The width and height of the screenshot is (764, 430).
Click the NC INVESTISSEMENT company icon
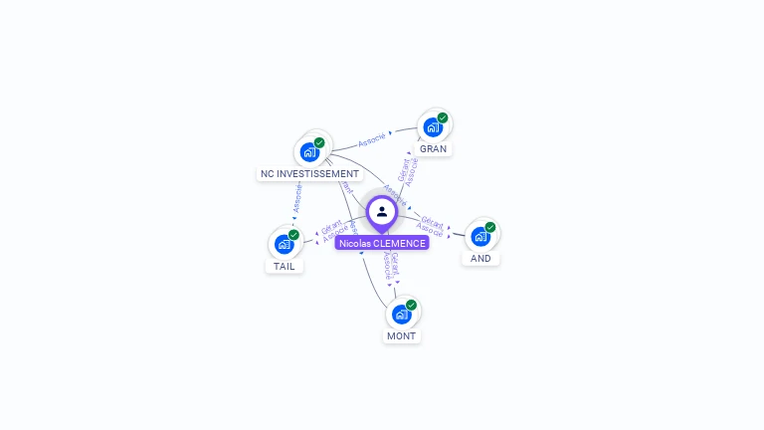coord(309,152)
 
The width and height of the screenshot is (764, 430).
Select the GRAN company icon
coord(433,127)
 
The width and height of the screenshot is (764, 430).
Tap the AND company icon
coord(480,237)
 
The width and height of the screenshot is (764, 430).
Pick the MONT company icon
coord(401,315)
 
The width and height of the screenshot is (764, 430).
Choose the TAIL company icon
coord(285,244)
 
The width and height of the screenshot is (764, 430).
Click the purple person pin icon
coord(382,212)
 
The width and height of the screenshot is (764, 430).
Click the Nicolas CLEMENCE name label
coord(382,243)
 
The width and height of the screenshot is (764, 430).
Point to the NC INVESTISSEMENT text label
coord(309,173)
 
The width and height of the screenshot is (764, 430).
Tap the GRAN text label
coord(433,148)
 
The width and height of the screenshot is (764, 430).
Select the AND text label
coord(480,258)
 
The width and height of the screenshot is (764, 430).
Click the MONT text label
coord(401,336)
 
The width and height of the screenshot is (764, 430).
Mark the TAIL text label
coord(285,266)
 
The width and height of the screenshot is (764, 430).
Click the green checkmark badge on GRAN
coord(443,117)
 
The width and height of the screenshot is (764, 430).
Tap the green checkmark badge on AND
coord(490,227)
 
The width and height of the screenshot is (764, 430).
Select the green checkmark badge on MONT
coord(411,305)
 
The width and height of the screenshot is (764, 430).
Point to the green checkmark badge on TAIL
coord(294,235)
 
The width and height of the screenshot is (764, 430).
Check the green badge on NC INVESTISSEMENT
coord(319,142)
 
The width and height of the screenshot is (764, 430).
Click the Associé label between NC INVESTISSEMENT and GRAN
coord(372,140)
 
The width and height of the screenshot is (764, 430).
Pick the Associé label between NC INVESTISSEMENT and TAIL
coord(296,197)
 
